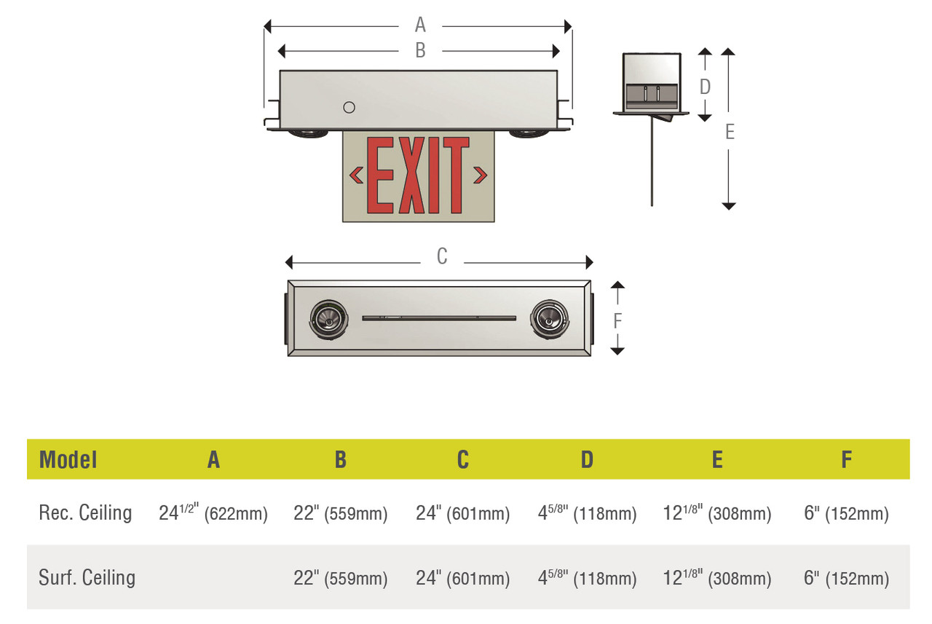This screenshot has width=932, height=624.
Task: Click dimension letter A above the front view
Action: pos(420,25)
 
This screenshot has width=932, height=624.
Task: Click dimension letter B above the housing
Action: pos(420,51)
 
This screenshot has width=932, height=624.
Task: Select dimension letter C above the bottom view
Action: pos(442,257)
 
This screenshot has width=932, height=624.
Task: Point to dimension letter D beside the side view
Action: pos(705,87)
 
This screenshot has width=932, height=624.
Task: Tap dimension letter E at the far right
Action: pos(730,132)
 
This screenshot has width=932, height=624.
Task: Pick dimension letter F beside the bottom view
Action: pos(617,320)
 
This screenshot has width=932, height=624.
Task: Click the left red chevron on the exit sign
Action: pos(357,175)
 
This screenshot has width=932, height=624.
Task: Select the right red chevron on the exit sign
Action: pos(480,175)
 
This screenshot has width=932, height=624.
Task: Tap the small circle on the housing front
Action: pos(349,108)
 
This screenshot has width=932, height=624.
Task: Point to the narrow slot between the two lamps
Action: pos(439,317)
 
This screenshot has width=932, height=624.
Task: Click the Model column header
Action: pos(68,459)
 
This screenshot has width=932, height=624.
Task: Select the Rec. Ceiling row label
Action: pos(85,513)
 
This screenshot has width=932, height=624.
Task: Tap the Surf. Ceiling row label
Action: pos(87,578)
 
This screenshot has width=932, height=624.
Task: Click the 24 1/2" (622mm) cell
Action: pos(213,513)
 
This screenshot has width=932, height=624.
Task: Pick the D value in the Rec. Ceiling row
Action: pos(587,513)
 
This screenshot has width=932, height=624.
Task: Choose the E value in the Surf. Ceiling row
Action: pos(717,579)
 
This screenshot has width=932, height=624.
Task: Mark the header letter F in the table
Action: pos(846,459)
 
